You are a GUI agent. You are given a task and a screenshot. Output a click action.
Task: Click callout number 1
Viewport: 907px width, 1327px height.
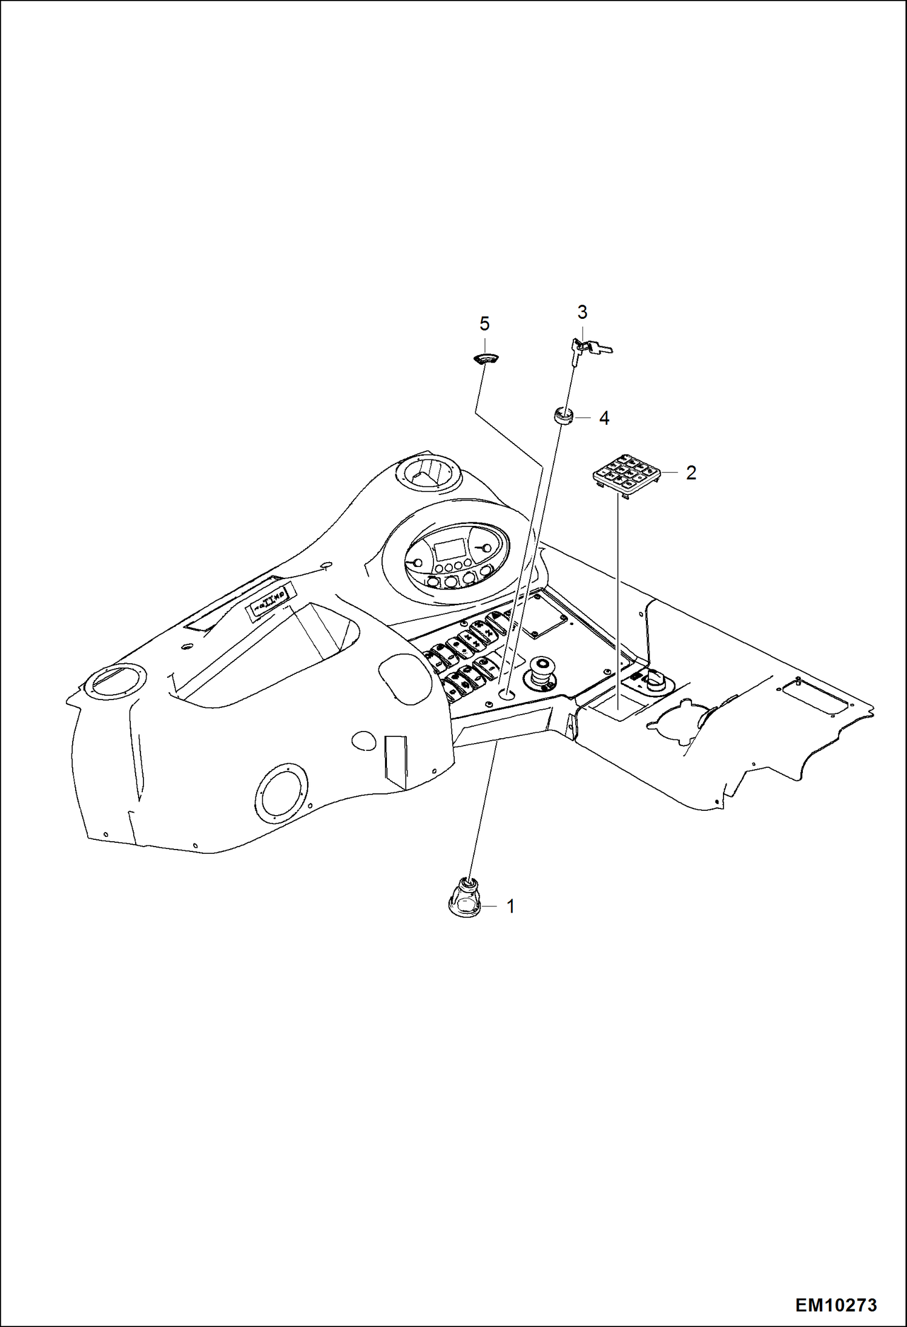(x=510, y=906)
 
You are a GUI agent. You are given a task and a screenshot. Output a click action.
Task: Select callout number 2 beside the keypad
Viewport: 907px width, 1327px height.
(x=691, y=473)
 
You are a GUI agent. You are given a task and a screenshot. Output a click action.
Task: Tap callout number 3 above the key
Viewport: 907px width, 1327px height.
(x=582, y=313)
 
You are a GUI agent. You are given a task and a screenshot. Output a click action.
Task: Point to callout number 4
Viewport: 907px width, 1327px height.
(x=604, y=418)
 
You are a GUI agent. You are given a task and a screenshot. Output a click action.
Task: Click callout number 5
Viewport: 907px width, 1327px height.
(x=484, y=324)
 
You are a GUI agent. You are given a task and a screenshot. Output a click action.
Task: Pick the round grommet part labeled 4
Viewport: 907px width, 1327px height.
(x=563, y=416)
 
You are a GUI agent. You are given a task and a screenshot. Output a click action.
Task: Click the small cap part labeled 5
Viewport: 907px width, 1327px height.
(x=484, y=359)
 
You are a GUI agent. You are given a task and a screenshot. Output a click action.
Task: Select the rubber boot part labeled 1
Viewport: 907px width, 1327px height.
(x=465, y=898)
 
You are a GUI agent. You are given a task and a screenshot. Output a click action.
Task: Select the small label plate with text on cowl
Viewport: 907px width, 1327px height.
(x=269, y=603)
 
